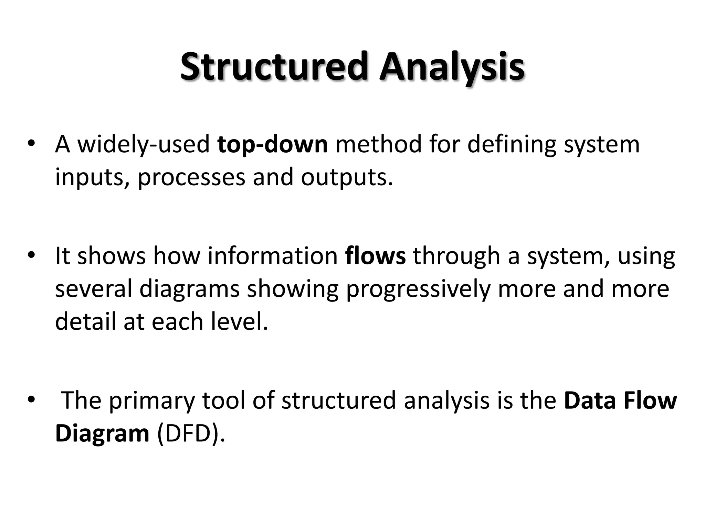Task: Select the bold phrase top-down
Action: pos(273,144)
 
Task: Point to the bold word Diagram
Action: pos(102,434)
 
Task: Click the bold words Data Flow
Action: pos(620,401)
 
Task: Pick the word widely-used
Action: pos(144,144)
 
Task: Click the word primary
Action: pos(152,401)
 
